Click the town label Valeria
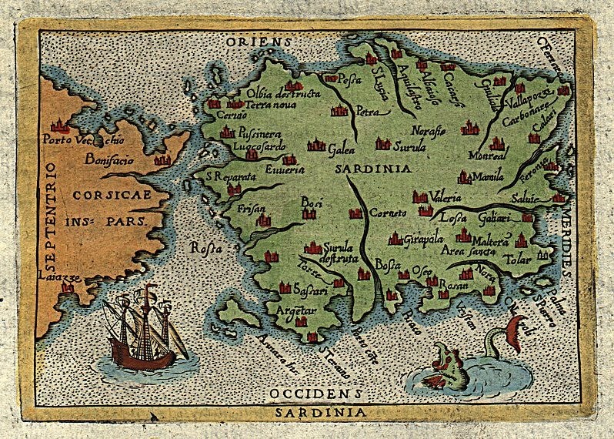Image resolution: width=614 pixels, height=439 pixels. coord(446,195)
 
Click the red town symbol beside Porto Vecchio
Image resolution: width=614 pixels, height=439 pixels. coord(57,126)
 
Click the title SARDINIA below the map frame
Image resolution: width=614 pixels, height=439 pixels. coord(307,412)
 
